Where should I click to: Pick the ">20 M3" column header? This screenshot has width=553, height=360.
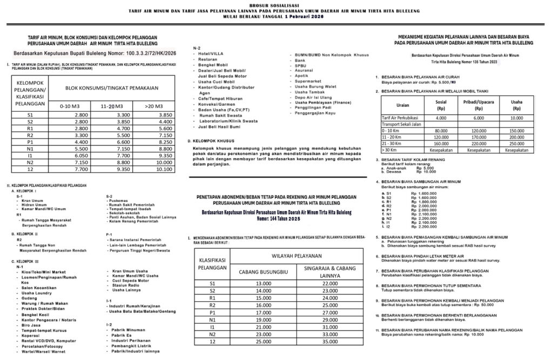154,106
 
